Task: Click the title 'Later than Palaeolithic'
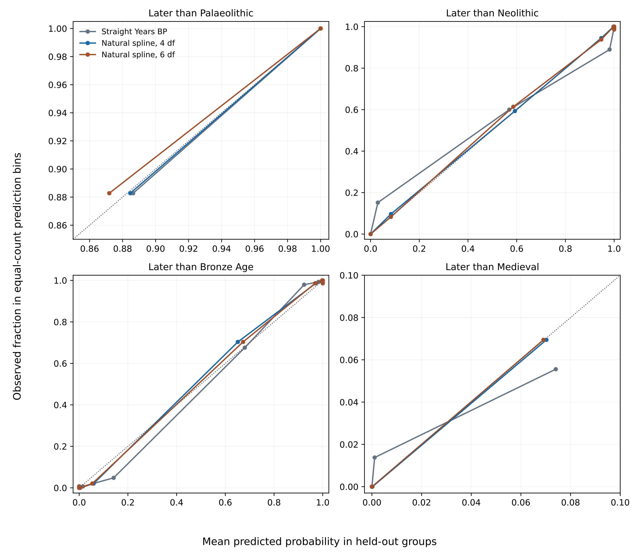(201, 13)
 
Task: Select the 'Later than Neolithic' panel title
(492, 13)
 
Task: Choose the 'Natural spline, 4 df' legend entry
(138, 43)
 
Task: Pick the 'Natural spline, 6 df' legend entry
(138, 55)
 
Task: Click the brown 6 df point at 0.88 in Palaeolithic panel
(109, 193)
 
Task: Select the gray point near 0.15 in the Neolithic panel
(378, 202)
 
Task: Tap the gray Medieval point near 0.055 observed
(556, 369)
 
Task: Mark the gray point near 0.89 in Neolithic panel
(609, 49)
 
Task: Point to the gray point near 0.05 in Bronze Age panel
(114, 478)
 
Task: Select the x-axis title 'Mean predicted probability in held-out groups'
(319, 541)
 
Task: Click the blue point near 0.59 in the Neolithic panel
(515, 111)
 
